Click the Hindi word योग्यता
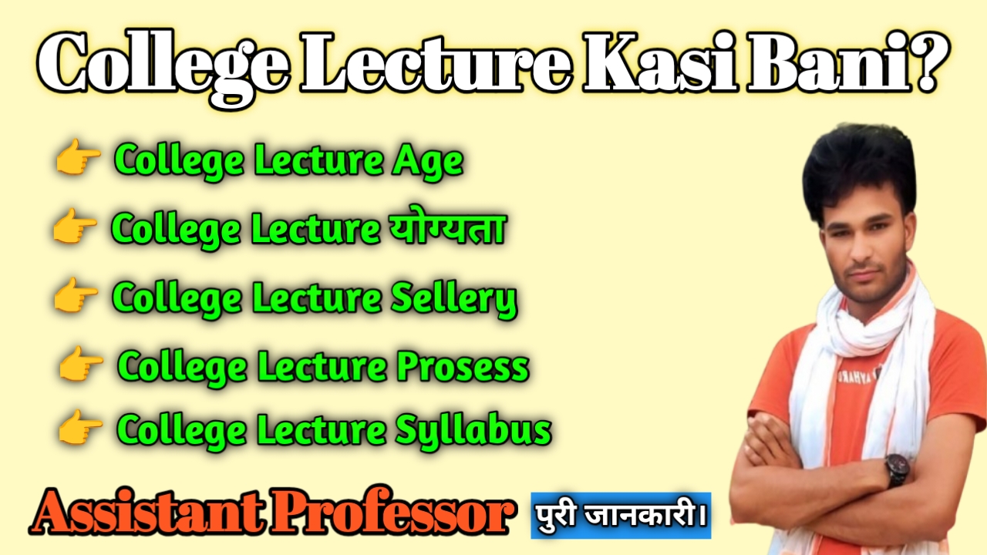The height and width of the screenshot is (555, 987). pos(443,228)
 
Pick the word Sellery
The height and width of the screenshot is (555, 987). pos(455,298)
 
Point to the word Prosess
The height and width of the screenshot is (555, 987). pos(463,367)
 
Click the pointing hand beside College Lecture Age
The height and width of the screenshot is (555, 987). pos(78,160)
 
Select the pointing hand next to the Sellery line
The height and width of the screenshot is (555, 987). pos(76,297)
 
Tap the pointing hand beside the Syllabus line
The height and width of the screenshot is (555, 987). pos(80,429)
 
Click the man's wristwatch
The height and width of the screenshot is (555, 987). pos(897,469)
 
